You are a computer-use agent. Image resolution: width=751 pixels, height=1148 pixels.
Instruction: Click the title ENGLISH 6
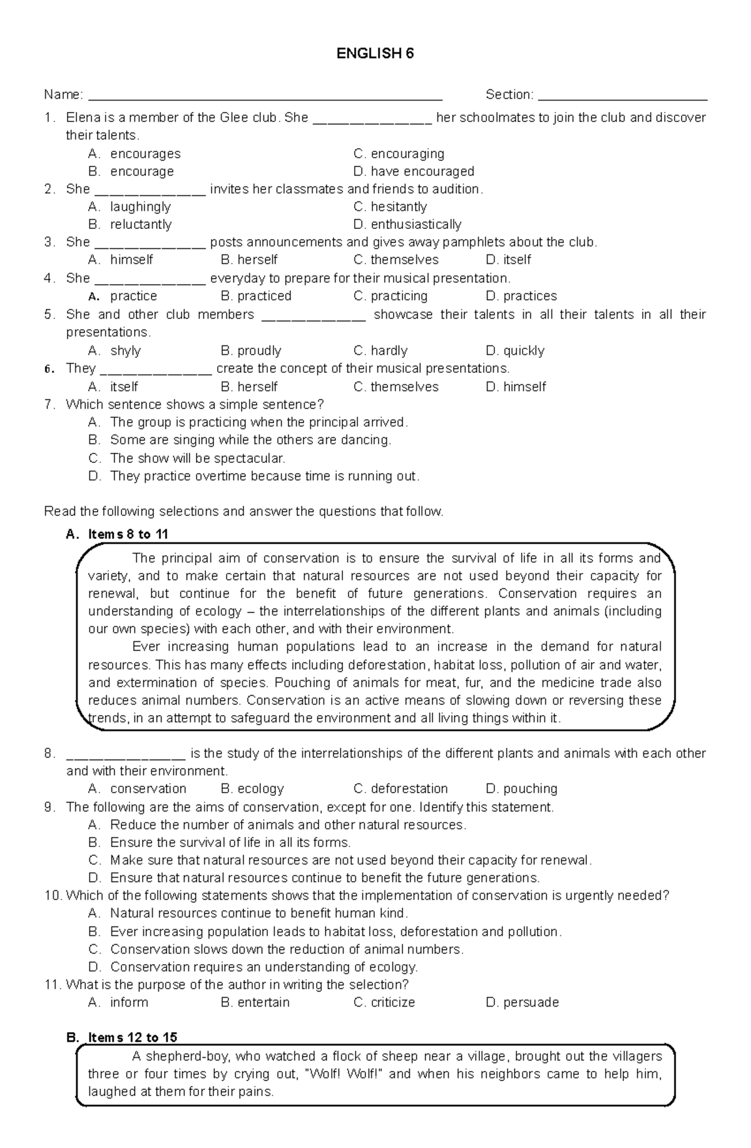375,54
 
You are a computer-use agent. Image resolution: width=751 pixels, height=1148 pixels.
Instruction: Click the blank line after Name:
265,98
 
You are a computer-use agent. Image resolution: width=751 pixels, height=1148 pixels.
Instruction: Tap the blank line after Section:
622,98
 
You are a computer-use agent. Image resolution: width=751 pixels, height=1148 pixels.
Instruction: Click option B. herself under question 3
249,260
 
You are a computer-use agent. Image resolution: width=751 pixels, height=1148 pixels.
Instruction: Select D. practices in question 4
521,296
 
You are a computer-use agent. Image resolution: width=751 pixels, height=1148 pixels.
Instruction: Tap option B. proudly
251,350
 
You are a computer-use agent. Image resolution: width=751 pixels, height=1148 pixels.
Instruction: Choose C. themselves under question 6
396,387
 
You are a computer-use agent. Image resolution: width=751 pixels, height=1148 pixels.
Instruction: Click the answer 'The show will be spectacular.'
197,458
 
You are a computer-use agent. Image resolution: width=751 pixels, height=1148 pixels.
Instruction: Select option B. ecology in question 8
252,788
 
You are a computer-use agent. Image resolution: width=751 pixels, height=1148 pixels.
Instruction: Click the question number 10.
53,895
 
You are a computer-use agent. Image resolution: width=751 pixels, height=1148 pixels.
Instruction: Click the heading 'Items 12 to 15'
132,1037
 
